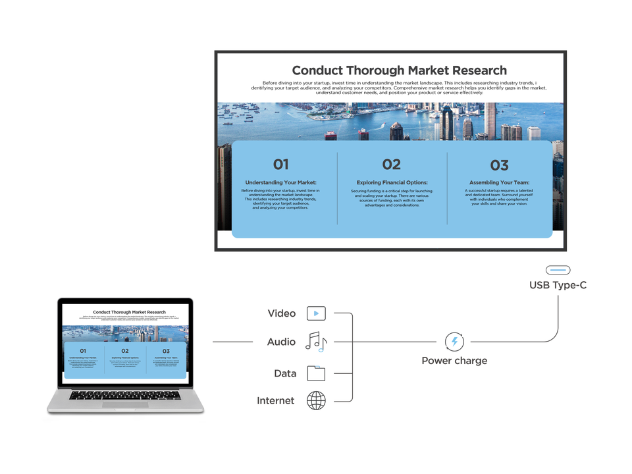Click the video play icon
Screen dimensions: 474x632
[317, 313]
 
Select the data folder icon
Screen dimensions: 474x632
[316, 373]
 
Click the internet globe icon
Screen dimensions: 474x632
[316, 400]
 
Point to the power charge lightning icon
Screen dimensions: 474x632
[454, 342]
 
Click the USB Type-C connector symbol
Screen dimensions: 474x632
[558, 270]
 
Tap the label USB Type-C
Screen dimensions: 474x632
[558, 286]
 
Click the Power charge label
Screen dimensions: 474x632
[454, 361]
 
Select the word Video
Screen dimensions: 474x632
[282, 313]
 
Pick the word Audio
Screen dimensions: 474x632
[281, 342]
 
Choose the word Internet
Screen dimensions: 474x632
[276, 400]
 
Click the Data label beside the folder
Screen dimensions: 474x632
[285, 373]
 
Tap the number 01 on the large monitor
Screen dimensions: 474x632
[280, 165]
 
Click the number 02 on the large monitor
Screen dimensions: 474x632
[391, 165]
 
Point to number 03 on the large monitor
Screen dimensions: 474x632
[499, 165]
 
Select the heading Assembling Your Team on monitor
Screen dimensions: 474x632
[499, 182]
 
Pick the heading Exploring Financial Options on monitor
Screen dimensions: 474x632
[392, 182]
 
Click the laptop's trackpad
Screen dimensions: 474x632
[125, 404]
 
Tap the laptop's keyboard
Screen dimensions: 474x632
[125, 395]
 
